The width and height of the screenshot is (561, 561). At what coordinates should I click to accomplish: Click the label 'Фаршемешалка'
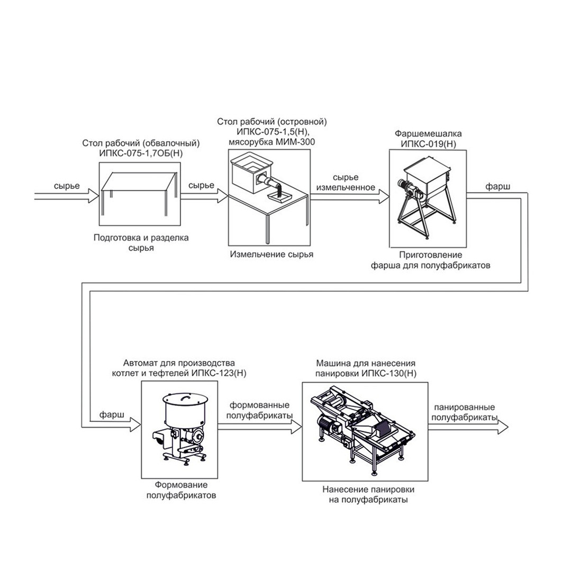428,134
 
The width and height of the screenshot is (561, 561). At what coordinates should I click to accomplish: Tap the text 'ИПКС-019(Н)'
428,144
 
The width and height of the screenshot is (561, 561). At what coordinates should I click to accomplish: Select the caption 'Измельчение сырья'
272,255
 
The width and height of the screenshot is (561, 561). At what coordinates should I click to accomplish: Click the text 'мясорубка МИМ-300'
272,142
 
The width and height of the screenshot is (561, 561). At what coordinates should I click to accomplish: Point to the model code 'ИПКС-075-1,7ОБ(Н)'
141,154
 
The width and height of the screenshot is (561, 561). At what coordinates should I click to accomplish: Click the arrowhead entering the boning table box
94,196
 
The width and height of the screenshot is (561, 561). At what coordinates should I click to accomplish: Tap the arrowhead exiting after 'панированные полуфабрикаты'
502,427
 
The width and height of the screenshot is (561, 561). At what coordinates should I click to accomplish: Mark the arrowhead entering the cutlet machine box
136,424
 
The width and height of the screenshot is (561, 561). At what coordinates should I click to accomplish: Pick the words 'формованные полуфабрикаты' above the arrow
259,410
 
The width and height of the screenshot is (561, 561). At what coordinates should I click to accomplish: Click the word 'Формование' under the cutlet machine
181,485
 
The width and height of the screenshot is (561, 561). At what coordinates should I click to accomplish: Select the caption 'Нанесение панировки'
368,489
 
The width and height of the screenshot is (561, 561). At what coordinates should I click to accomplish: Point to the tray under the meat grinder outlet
279,195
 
